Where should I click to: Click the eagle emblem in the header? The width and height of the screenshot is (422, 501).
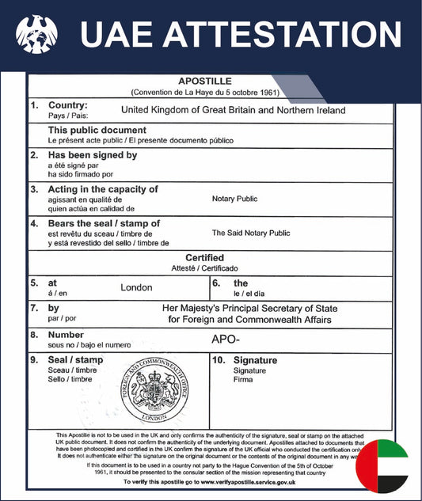pos(36,35)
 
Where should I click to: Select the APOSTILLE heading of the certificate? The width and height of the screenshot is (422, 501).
pos(205,82)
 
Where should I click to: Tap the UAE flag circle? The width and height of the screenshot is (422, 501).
pos(382,466)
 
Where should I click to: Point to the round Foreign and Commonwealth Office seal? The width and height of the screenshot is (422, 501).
pos(156,390)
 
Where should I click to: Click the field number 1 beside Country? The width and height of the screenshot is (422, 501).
pos(34,105)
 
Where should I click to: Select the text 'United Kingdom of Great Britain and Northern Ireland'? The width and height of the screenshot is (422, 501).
pos(234,111)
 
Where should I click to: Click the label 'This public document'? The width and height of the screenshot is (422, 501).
pos(97,130)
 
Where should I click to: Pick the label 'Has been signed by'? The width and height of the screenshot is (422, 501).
pos(93,155)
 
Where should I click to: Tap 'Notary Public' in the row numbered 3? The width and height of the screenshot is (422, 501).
pos(234,199)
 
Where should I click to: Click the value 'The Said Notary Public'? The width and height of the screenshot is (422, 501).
pos(251,233)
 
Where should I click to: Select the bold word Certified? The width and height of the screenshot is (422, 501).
pos(204,258)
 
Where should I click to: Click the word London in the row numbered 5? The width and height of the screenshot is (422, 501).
pos(136,287)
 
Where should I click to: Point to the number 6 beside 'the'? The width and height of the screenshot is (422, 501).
pos(216,283)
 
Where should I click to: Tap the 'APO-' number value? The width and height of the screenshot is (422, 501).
pos(225,339)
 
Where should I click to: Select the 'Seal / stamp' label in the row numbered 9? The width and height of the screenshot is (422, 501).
pos(76,360)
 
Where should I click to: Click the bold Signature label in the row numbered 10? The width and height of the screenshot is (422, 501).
pos(255,360)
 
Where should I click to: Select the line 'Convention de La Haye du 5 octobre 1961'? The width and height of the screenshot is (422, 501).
pos(205,93)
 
